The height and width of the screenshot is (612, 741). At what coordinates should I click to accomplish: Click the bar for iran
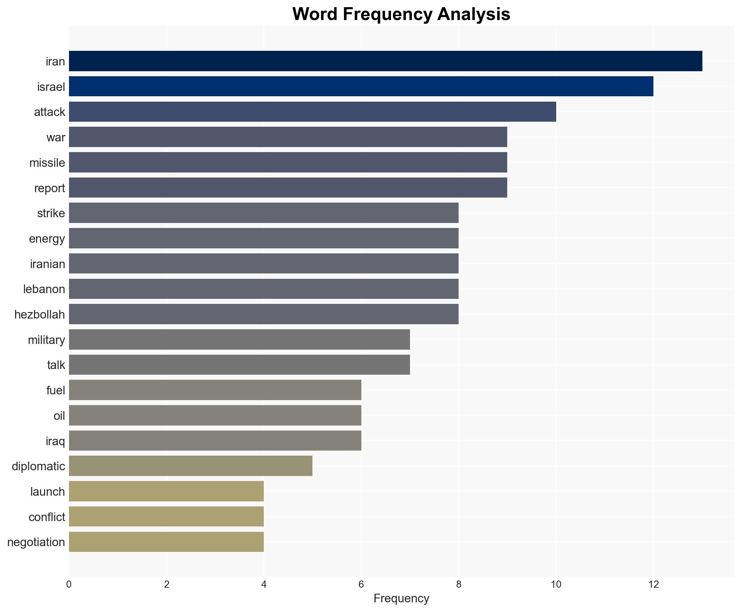385,61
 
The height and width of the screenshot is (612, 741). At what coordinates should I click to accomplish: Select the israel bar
361,86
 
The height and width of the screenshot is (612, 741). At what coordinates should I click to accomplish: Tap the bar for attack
312,112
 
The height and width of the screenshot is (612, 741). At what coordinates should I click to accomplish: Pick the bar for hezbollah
263,314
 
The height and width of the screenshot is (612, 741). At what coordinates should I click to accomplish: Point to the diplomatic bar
191,466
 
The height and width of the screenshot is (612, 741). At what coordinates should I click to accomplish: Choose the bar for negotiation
166,542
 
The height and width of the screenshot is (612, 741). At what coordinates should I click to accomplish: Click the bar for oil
215,416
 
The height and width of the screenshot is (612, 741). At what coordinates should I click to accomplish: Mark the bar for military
239,340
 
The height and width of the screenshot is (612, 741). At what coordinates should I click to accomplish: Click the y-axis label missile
47,163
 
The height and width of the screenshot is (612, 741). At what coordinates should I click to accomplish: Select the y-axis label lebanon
44,289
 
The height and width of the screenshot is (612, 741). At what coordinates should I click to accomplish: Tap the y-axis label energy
47,239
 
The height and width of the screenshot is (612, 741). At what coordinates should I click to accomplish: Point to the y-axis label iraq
55,441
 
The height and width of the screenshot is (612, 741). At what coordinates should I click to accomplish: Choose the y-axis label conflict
47,517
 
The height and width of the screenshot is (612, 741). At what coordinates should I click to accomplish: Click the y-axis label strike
51,213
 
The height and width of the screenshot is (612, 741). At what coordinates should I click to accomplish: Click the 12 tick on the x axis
653,584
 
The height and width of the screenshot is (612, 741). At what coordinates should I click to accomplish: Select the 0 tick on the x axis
69,584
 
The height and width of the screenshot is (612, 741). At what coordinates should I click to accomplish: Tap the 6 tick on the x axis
361,584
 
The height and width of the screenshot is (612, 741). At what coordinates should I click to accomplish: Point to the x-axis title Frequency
401,598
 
